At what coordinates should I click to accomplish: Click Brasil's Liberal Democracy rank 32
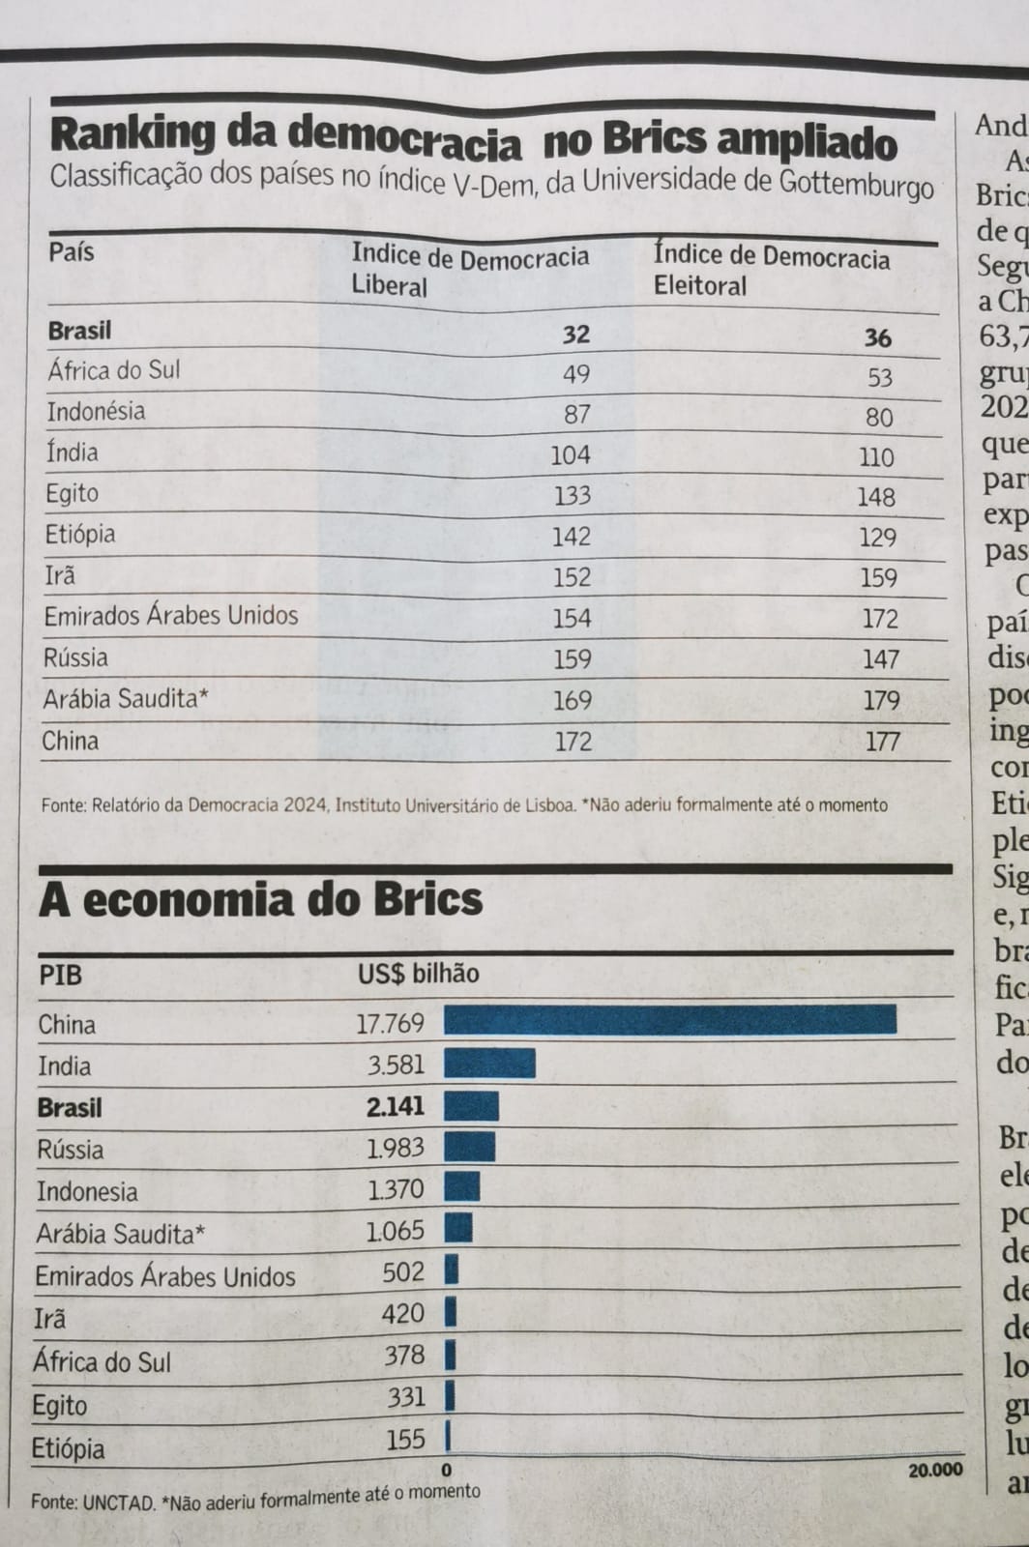(x=575, y=335)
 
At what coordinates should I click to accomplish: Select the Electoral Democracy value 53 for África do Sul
(x=879, y=377)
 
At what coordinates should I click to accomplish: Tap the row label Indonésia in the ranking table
(x=96, y=412)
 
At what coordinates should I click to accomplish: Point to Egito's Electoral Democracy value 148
(x=877, y=497)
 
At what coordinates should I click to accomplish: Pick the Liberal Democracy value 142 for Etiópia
(x=571, y=537)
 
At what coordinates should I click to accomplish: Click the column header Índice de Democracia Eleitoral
(x=771, y=270)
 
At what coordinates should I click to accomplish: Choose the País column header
(x=72, y=252)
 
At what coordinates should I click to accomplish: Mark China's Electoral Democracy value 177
(x=882, y=742)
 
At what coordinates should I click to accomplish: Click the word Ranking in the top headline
(x=132, y=134)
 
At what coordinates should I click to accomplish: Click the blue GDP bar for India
(x=489, y=1064)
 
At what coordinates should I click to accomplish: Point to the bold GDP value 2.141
(x=395, y=1106)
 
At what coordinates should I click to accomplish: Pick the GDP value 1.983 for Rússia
(x=395, y=1148)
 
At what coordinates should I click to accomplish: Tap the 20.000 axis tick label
(x=935, y=1470)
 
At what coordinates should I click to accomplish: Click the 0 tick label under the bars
(x=448, y=1472)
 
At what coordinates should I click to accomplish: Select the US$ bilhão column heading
(x=418, y=974)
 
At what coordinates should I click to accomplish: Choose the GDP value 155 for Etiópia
(x=405, y=1440)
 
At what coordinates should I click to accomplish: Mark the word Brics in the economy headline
(x=426, y=900)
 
